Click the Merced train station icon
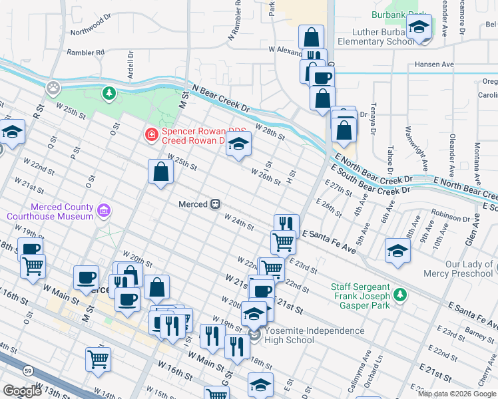tap(216, 204)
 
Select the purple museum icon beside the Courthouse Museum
tap(103, 211)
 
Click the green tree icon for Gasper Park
tap(399, 293)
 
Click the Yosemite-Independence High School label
tap(314, 335)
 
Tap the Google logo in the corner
tap(22, 391)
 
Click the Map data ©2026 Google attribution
tap(457, 394)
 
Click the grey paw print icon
tap(53, 87)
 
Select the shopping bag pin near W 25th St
tap(160, 172)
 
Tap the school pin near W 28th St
tap(238, 144)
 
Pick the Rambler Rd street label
tap(85, 52)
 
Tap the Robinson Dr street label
tap(451, 215)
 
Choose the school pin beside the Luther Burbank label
tap(419, 28)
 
